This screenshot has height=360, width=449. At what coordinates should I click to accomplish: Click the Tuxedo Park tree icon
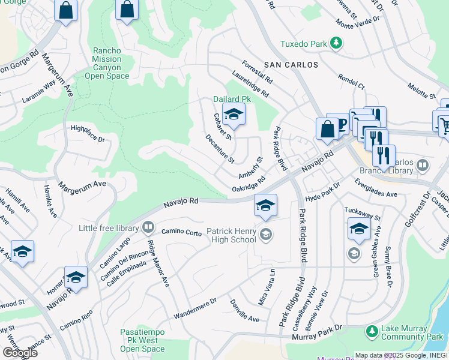click(337, 43)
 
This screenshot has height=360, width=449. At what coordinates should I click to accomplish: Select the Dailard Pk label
click(232, 99)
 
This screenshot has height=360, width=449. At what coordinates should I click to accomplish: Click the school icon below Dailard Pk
click(234, 113)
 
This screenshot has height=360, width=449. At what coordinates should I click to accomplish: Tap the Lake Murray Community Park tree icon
click(372, 331)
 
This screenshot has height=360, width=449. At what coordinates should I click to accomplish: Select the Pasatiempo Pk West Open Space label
click(142, 340)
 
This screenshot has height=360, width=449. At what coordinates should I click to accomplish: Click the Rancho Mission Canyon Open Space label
click(107, 64)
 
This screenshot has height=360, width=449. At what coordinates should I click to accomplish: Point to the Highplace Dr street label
click(88, 134)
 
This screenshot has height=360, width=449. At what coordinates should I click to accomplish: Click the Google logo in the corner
click(19, 353)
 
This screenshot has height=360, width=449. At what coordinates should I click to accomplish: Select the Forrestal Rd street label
click(257, 71)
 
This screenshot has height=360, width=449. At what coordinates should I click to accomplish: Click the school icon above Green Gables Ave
click(358, 229)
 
